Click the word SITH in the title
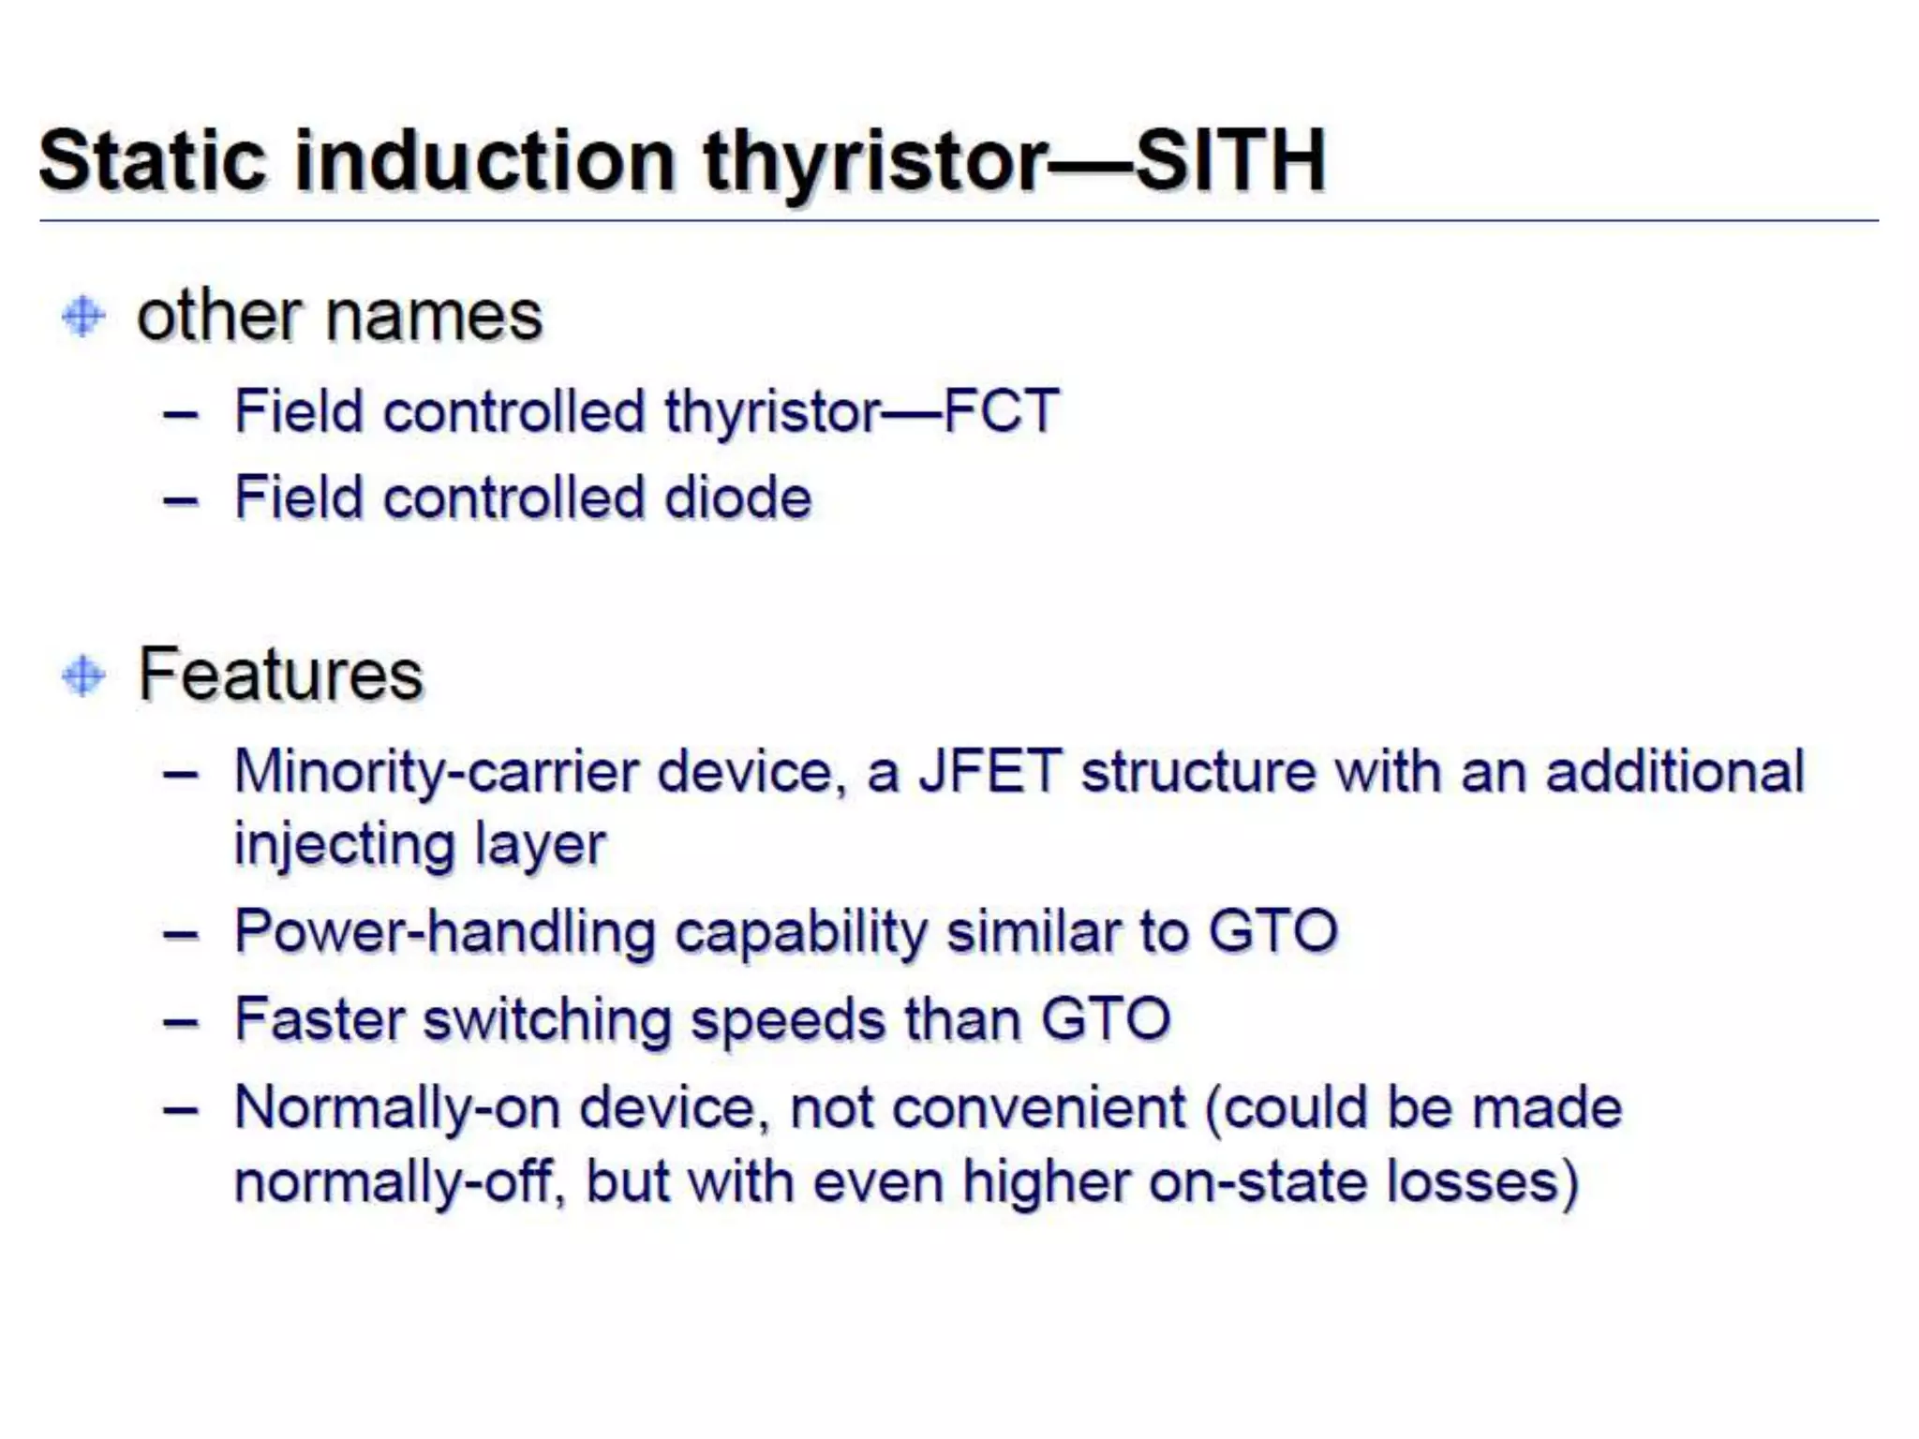pos(1229,161)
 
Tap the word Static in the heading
pos(153,161)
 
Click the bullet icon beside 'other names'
pos(83,316)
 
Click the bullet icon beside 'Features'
pos(83,675)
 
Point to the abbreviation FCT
pos(1001,411)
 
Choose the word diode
pos(737,497)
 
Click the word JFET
pos(989,772)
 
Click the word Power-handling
pos(444,933)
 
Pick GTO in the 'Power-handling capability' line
pos(1272,931)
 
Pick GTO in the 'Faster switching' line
pos(1106,1019)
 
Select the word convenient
pos(1039,1109)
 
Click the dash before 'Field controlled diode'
pos(180,500)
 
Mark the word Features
pos(281,675)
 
